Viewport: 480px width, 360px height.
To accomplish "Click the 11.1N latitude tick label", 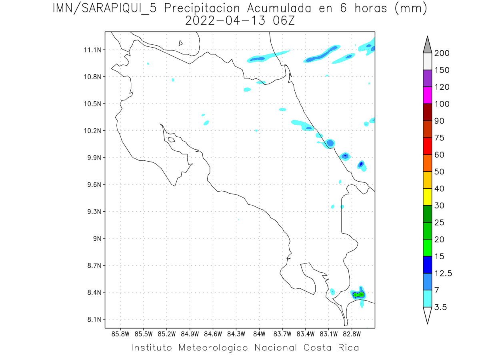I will point(91,50).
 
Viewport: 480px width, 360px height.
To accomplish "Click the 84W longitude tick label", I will point(259,334).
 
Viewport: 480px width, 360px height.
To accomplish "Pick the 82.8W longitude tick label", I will point(352,334).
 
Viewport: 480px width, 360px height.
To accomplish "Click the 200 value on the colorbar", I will point(442,53).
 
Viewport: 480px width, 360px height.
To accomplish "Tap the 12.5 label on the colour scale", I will point(443,273).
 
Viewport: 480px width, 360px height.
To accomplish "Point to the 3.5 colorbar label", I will point(441,307).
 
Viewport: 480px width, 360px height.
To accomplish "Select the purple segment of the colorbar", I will point(427,78).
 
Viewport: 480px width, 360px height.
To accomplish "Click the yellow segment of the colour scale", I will point(427,197).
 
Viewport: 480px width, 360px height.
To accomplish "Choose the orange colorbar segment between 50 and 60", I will point(427,163).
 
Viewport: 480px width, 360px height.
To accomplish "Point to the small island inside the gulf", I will point(171,140).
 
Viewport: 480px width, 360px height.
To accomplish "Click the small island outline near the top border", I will point(181,43).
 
